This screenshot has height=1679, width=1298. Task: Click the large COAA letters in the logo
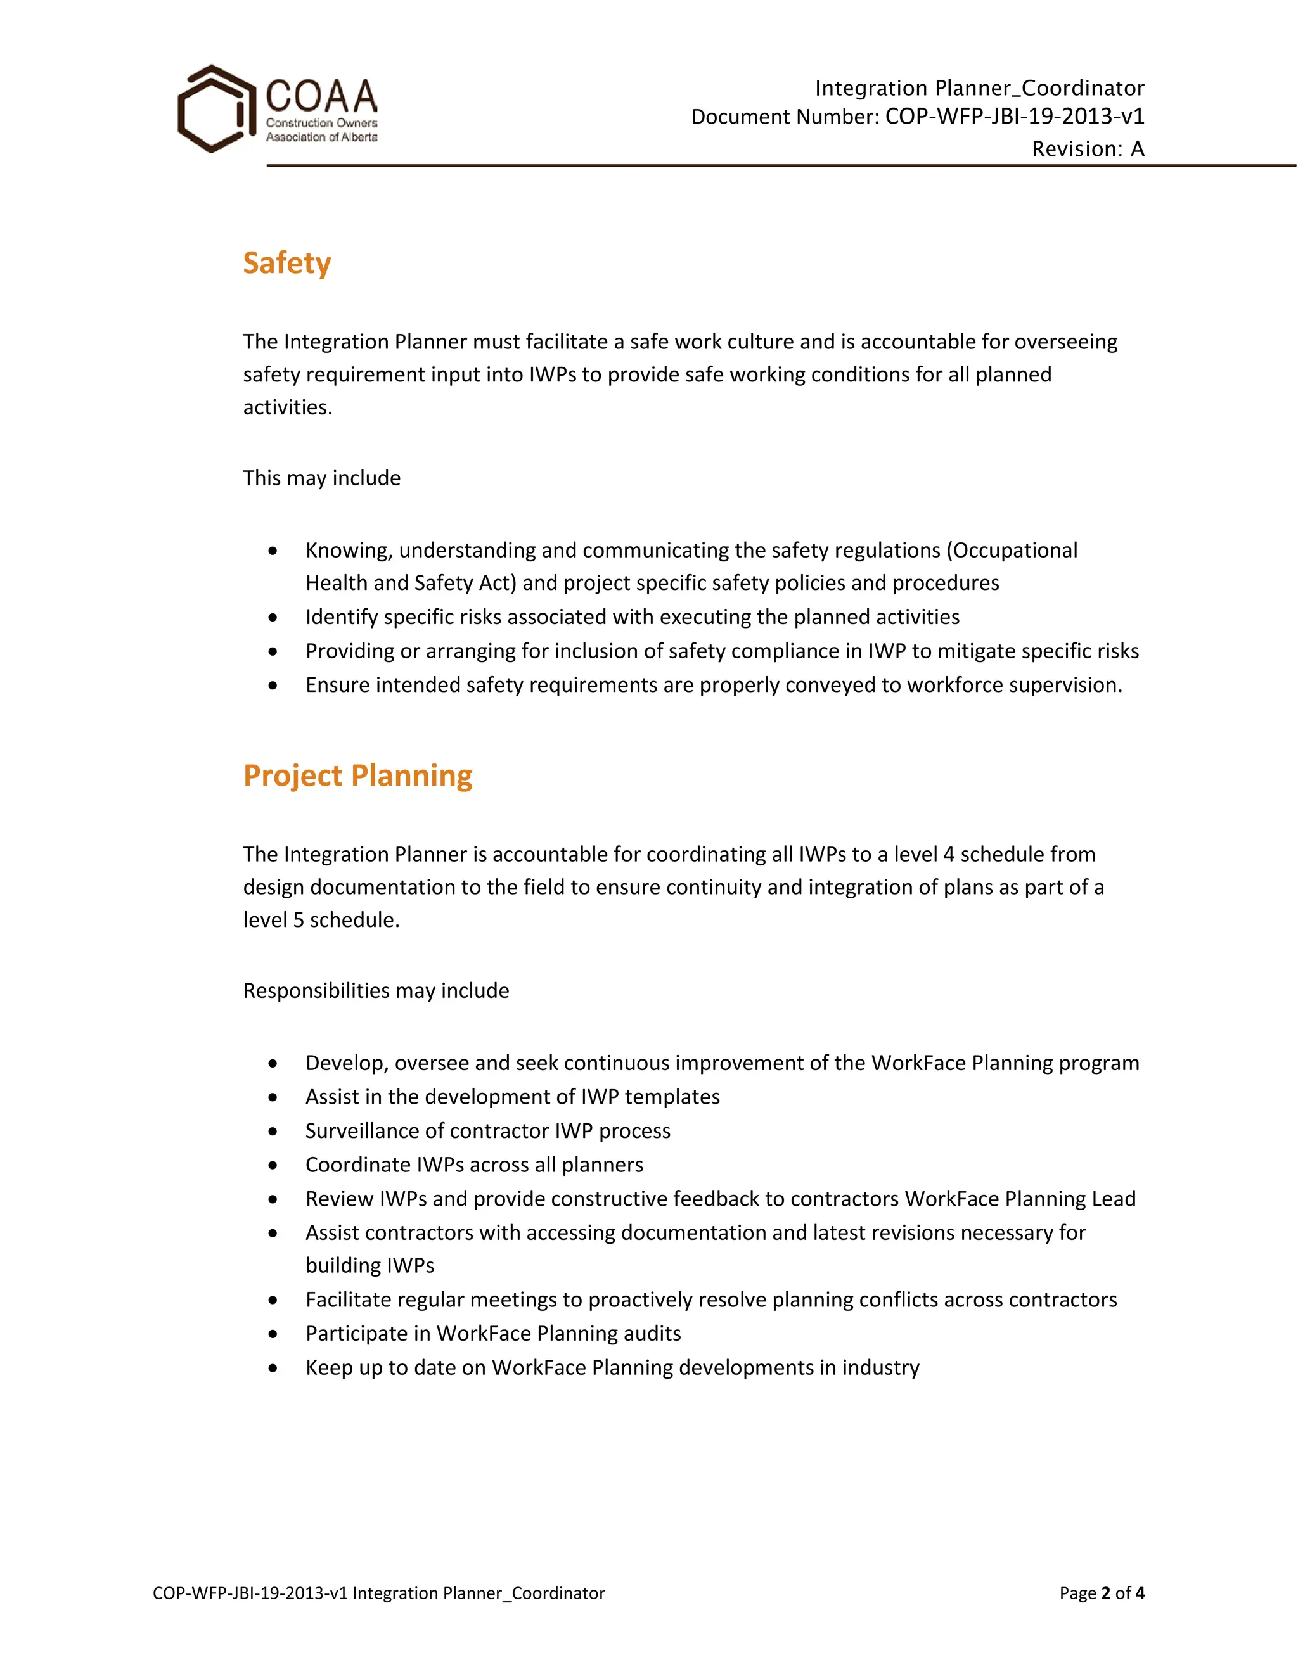click(x=321, y=96)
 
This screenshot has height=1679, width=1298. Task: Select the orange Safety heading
click(x=287, y=263)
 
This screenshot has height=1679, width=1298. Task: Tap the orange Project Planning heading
click(x=357, y=776)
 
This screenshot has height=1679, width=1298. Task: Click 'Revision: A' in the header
click(x=1088, y=148)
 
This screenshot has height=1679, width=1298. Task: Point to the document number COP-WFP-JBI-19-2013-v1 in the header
click(x=1014, y=116)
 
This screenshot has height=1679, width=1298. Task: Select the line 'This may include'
click(x=321, y=478)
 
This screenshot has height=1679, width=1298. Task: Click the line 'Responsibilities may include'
click(x=376, y=990)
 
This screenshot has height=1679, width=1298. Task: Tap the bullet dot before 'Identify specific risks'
click(x=273, y=617)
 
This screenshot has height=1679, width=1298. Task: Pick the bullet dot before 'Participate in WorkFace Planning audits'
click(x=273, y=1334)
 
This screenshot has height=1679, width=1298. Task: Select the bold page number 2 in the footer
click(x=1106, y=1593)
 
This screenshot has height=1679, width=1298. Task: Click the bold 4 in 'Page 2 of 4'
click(x=1140, y=1593)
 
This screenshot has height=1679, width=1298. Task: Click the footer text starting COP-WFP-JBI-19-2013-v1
click(x=378, y=1593)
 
